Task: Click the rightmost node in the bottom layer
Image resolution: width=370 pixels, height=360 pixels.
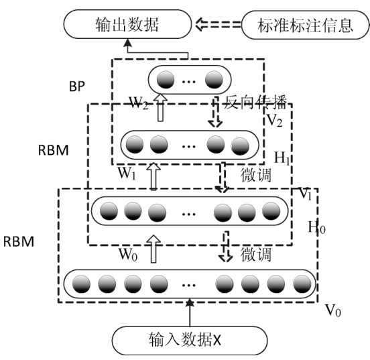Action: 302,286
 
